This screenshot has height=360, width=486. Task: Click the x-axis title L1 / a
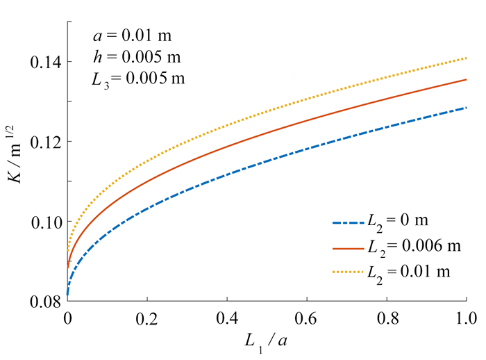coord(266,343)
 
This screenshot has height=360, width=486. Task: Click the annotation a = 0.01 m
coord(132,34)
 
